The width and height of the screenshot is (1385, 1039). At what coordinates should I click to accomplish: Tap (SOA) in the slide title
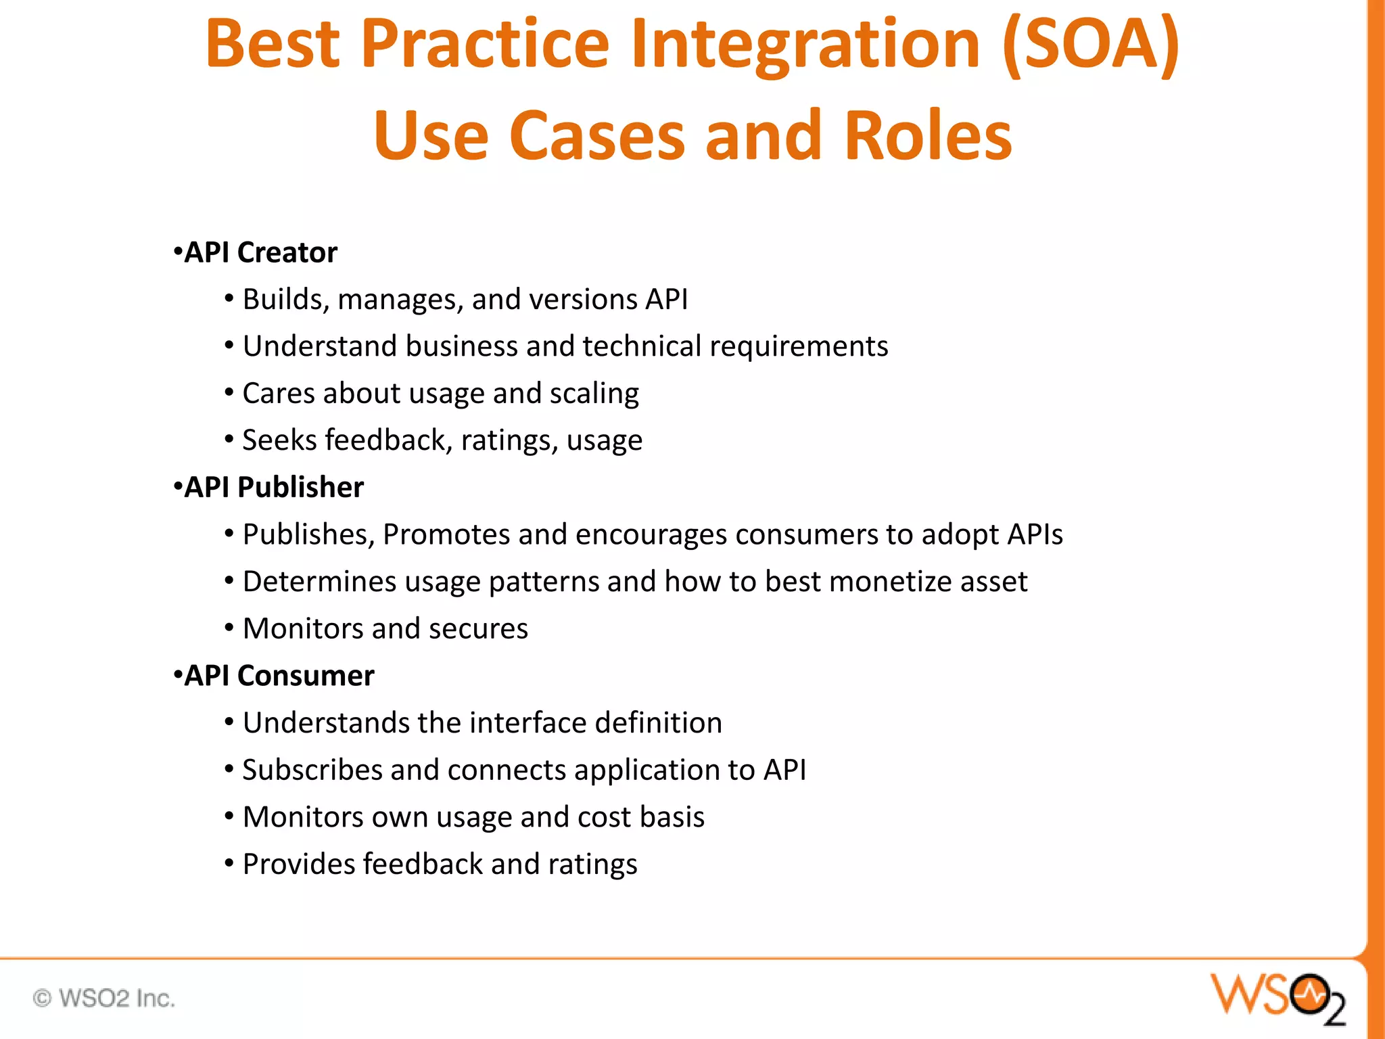coord(1090,45)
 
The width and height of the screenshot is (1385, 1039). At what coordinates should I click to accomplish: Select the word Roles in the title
coord(928,136)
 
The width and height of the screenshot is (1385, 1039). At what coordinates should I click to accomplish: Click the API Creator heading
coord(260,252)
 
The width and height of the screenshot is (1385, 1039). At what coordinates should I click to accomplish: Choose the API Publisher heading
coord(273,487)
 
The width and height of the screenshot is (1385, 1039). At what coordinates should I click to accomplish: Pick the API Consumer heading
coord(279,676)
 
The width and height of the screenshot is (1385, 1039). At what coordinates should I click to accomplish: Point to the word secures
coord(478,628)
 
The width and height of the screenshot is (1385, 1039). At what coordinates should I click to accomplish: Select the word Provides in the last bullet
coord(298,864)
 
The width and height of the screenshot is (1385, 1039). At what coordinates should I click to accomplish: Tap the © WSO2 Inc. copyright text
coord(104,998)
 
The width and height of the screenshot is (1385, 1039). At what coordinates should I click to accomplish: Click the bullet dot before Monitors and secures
coord(229,628)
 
